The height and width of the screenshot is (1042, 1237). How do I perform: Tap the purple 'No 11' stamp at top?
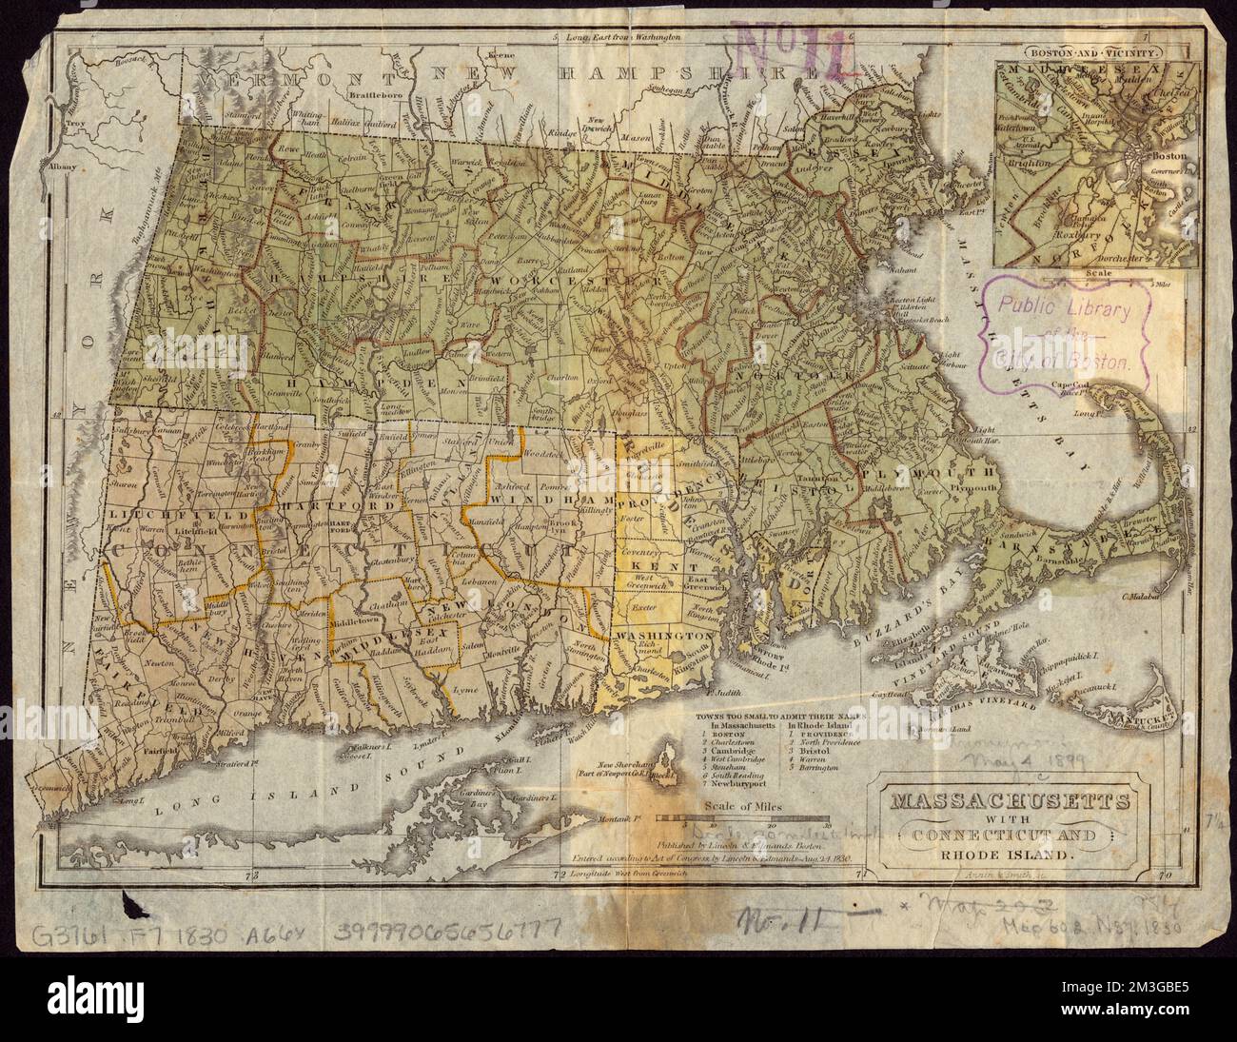pyautogui.click(x=794, y=49)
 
